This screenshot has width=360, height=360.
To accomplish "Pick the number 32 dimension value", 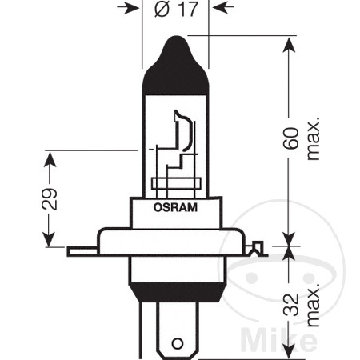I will coord(291,304).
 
